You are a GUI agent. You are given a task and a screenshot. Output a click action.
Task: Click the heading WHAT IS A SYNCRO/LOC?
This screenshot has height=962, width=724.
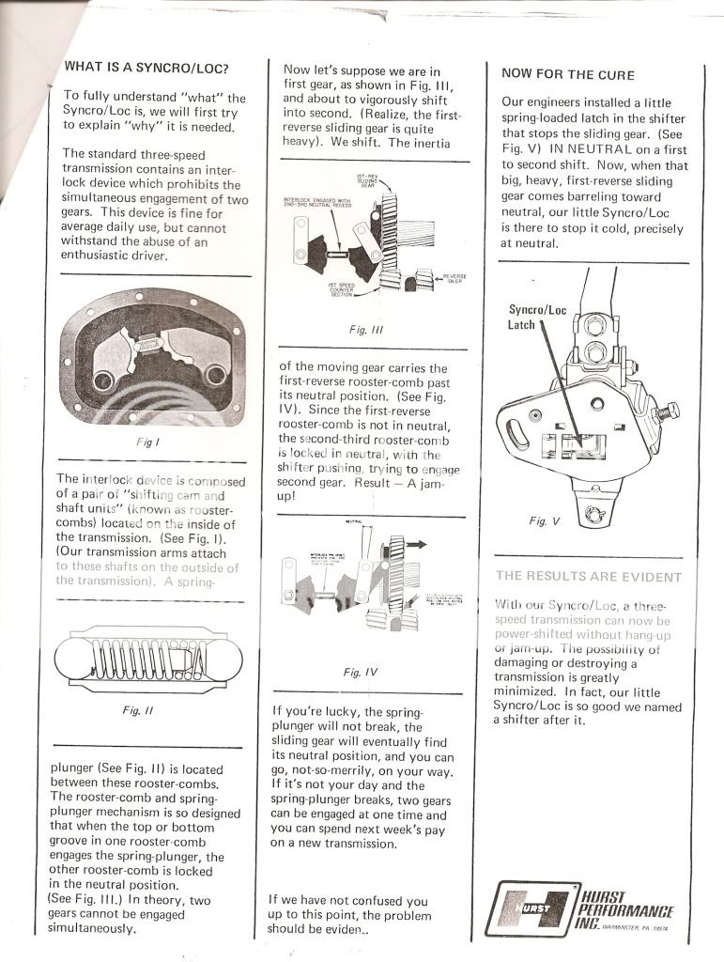point(146,68)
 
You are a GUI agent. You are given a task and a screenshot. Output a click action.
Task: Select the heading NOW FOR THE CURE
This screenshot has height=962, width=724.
point(567,74)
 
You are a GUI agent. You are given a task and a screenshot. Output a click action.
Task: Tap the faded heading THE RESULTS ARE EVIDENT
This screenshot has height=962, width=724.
point(588,576)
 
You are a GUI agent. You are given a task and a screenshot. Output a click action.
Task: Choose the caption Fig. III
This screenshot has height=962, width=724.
point(358,331)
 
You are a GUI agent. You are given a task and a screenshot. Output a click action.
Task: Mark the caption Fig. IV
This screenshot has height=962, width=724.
point(361,672)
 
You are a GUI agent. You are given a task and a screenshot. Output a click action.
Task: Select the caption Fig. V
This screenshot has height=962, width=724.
point(544,520)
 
